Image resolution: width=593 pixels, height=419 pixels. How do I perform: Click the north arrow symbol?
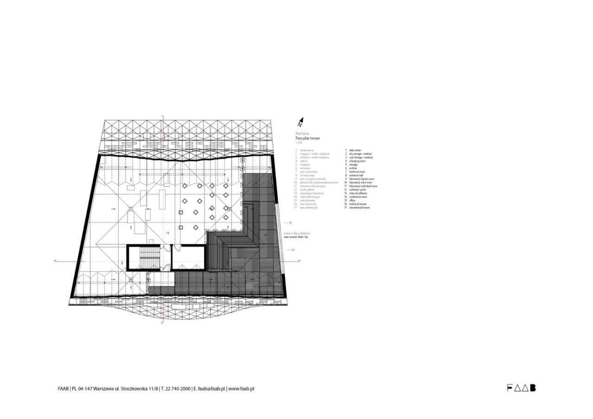tap(300, 122)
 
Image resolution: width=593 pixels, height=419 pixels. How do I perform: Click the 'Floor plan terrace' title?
tap(308, 139)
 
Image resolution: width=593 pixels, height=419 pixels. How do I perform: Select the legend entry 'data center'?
tap(355, 150)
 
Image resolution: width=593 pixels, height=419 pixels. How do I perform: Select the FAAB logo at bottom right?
tap(521, 388)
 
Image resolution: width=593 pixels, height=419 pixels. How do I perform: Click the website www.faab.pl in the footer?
tap(241, 389)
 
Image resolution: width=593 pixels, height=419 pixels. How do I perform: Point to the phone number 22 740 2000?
tap(178, 389)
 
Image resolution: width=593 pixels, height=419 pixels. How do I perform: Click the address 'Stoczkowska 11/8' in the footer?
tap(139, 389)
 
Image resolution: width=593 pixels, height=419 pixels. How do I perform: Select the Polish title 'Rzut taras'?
tap(302, 133)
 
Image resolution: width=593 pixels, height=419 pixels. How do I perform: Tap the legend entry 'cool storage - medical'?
tap(361, 158)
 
